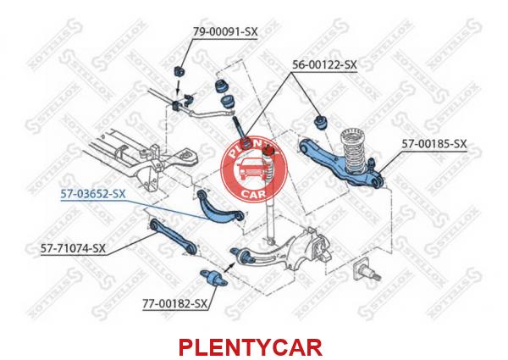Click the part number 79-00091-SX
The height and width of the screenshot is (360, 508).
click(225, 32)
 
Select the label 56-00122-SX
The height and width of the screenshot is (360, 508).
click(324, 65)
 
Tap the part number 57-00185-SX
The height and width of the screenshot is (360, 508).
click(434, 144)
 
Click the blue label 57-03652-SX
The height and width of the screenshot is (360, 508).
click(93, 194)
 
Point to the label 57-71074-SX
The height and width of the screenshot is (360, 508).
click(73, 248)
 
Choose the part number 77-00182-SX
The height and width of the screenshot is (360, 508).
click(174, 304)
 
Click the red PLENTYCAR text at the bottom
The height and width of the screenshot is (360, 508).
click(251, 347)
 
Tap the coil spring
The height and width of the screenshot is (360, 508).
click(353, 152)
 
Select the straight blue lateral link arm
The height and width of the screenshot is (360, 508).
click(174, 235)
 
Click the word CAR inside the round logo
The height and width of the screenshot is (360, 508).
click(253, 194)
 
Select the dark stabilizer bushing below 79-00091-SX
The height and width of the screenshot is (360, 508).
click(179, 71)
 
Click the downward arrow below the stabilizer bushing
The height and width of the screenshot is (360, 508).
click(178, 87)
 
